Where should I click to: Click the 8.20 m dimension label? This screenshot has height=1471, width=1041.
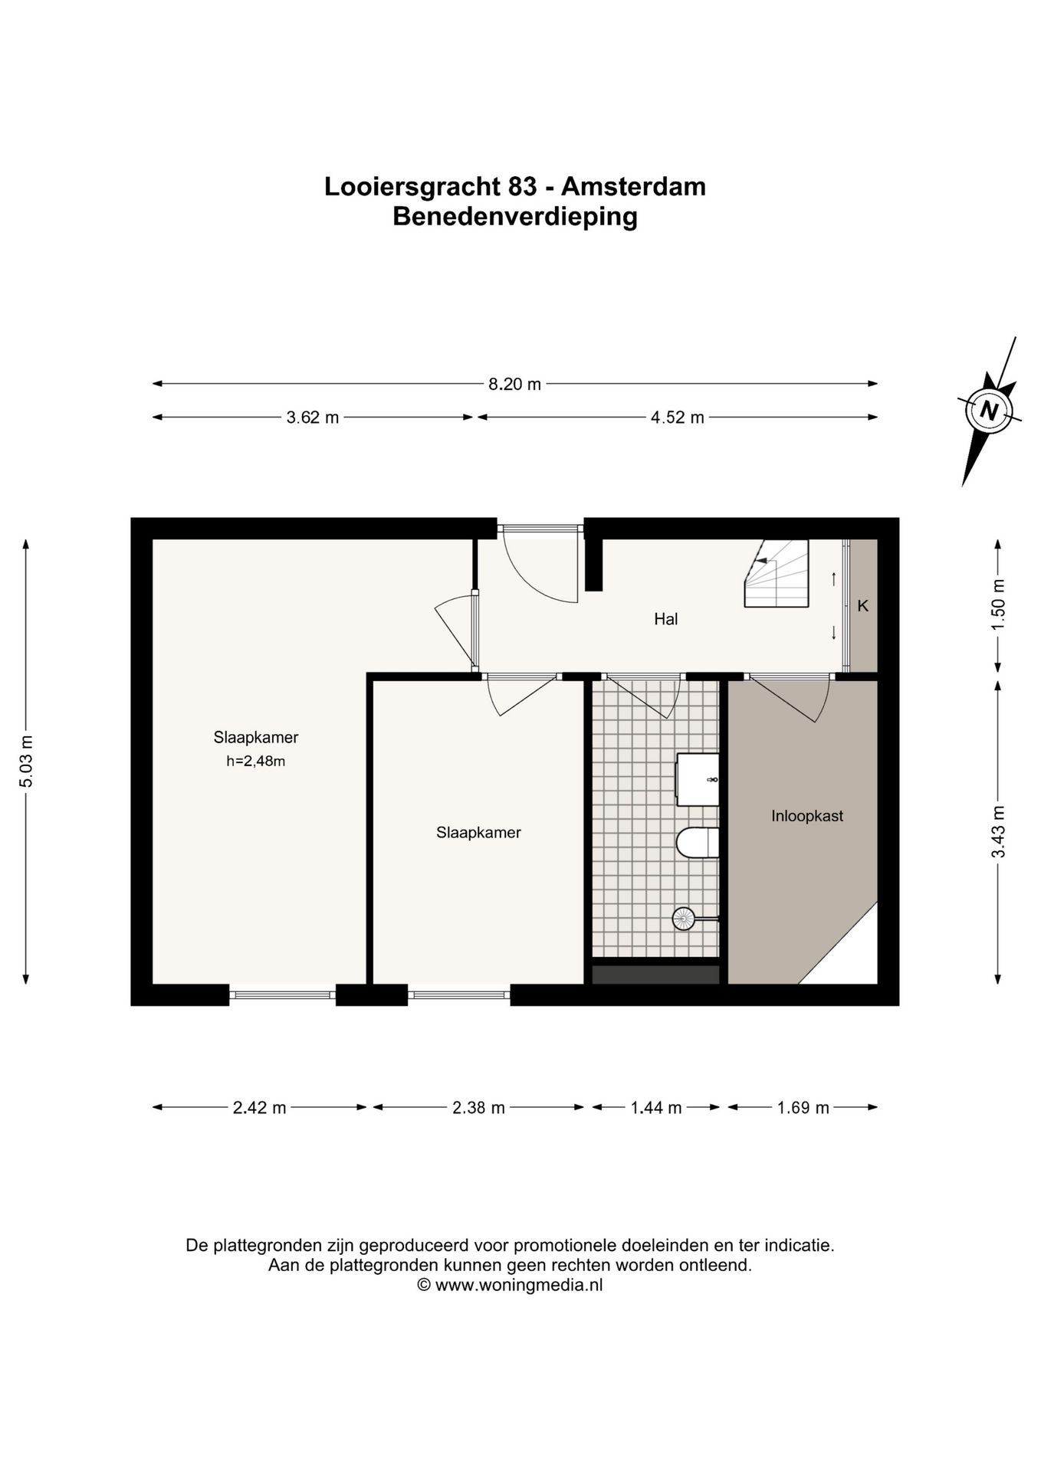coord(514,384)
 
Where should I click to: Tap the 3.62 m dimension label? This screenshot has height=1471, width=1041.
coord(312,418)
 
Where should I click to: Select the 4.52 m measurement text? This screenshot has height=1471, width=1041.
coord(677,418)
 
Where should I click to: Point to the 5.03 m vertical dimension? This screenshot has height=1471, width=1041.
coord(27,761)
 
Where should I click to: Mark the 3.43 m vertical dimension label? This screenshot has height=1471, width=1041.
coord(997,832)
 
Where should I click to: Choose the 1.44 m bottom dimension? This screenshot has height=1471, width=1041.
coord(655,1107)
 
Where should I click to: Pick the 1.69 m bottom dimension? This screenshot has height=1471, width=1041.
coord(803,1107)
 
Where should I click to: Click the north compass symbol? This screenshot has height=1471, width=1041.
coord(989,411)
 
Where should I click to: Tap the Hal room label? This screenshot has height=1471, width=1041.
coord(665,619)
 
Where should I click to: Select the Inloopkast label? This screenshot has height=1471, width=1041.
coord(806,816)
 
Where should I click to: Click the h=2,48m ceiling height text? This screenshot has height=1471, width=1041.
coord(255,761)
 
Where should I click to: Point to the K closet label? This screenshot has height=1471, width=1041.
coord(862,606)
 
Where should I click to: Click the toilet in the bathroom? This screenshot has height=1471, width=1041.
coord(697,843)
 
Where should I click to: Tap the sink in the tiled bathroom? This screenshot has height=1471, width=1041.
coord(697,779)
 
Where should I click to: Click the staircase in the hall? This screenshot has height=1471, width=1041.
coord(776,573)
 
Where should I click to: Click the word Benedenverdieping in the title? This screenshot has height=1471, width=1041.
coord(514,217)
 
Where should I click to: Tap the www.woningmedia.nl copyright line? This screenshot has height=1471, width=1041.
coord(510,1285)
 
